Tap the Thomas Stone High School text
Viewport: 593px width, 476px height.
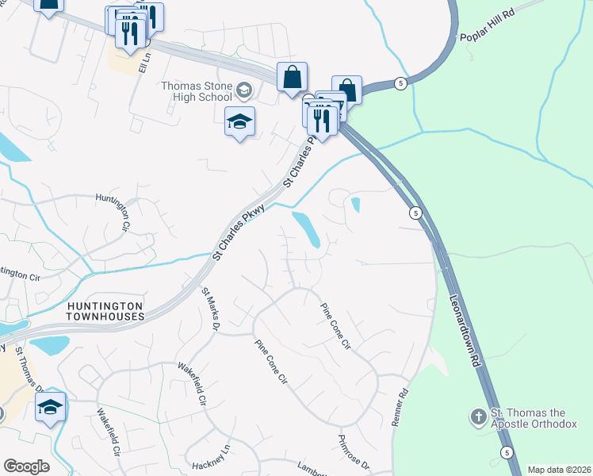pyautogui.click(x=196, y=92)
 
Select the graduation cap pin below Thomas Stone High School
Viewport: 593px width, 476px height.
pyautogui.click(x=239, y=122)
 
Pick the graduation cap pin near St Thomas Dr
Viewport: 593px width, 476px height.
pyautogui.click(x=51, y=408)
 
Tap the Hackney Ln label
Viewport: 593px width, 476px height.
pyautogui.click(x=214, y=453)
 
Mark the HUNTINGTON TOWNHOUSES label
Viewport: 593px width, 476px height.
pyautogui.click(x=105, y=311)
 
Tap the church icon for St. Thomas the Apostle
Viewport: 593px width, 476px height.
pyautogui.click(x=479, y=416)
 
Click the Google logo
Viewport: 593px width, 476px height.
pyautogui.click(x=26, y=466)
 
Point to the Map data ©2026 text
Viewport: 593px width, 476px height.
pyautogui.click(x=559, y=470)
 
